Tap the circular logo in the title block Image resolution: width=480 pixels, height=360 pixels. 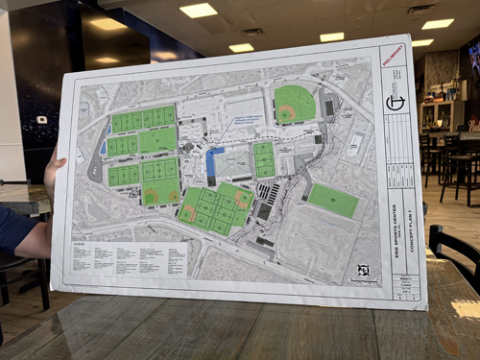click(396, 103)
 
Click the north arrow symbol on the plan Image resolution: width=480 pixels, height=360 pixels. click(364, 270)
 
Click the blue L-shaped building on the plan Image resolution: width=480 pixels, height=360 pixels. click(214, 164)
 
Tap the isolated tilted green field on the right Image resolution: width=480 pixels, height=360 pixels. click(332, 200)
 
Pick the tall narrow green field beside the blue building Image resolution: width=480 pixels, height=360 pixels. click(263, 159)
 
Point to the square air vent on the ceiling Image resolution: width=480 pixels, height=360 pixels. click(420, 10)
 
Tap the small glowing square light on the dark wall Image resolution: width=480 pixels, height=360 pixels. click(41, 120)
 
